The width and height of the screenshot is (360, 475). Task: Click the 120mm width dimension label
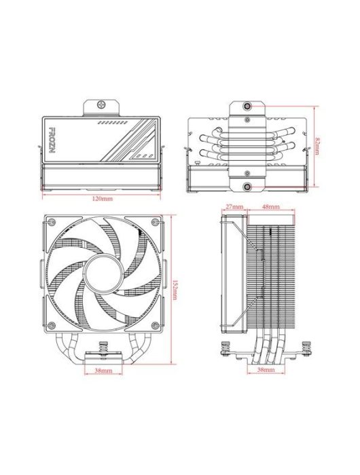point(103,198)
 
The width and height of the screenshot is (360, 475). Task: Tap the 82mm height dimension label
point(319,145)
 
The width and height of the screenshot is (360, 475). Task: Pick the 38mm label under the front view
point(103,370)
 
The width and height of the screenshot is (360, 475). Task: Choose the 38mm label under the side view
point(266,370)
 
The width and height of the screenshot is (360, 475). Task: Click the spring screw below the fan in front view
point(103,348)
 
